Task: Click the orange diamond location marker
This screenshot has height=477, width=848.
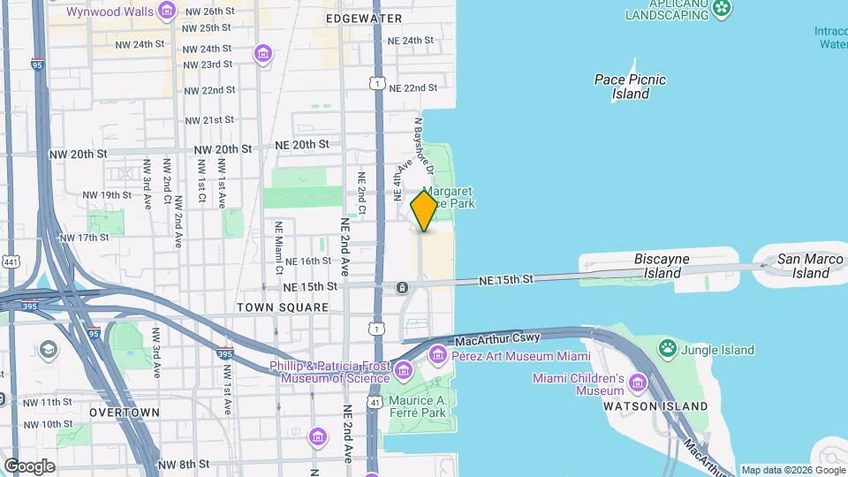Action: coord(424,211)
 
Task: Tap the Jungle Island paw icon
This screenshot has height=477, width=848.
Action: coord(669,349)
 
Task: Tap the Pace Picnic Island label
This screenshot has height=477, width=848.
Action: coord(630,87)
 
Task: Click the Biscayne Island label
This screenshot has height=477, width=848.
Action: coord(662,266)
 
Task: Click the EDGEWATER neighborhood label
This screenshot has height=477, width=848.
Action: coord(363,19)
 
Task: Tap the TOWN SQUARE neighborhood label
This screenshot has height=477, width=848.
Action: coord(283,307)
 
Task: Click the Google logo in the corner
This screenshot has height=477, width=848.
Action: coord(29,466)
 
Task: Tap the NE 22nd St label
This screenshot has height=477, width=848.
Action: coord(413,88)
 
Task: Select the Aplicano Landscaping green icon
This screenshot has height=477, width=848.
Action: coord(723,9)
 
